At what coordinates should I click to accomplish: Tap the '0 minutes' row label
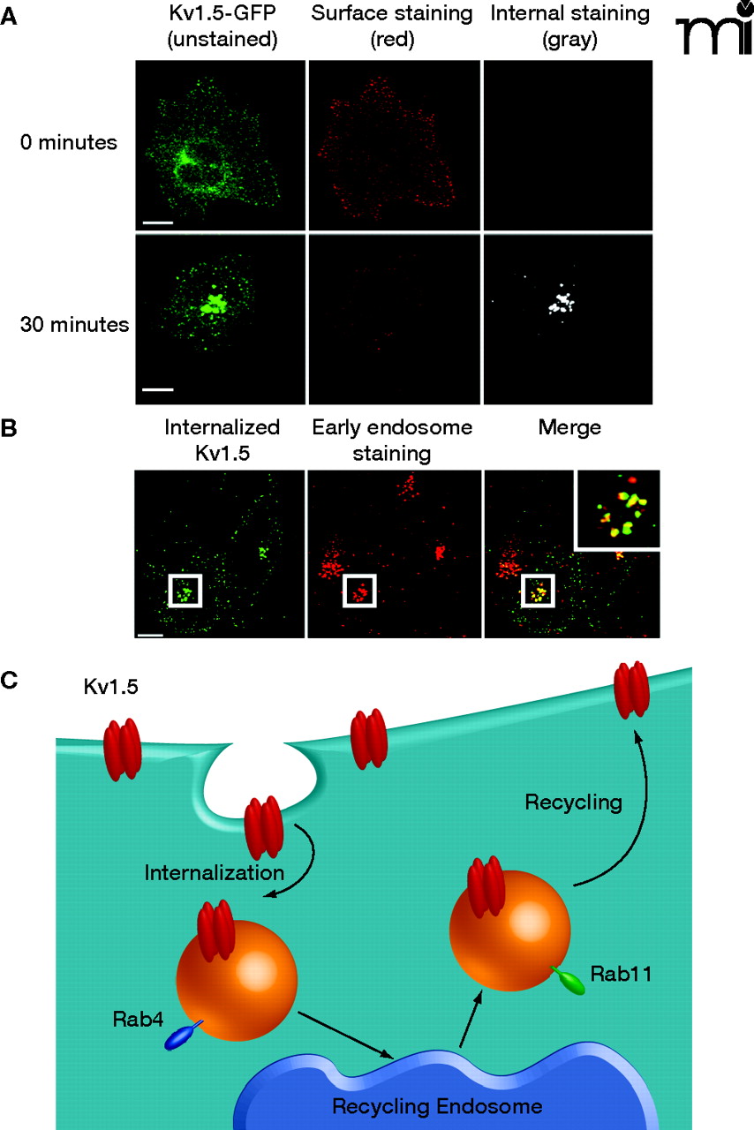tap(69, 142)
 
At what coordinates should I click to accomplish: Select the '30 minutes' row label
tap(74, 324)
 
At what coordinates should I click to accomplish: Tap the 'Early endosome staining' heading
tap(392, 440)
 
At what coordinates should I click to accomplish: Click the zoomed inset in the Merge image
tap(617, 509)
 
